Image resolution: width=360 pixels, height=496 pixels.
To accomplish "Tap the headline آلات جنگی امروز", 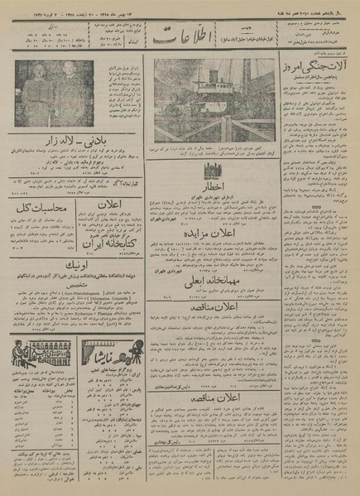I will coord(307,65).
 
